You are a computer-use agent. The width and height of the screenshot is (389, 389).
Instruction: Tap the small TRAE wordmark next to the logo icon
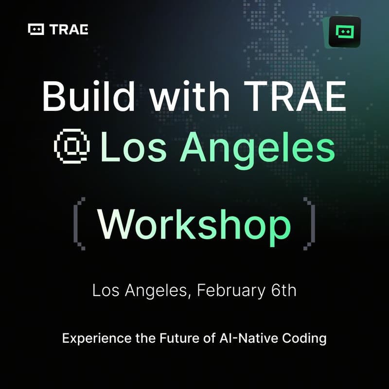point(69,30)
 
